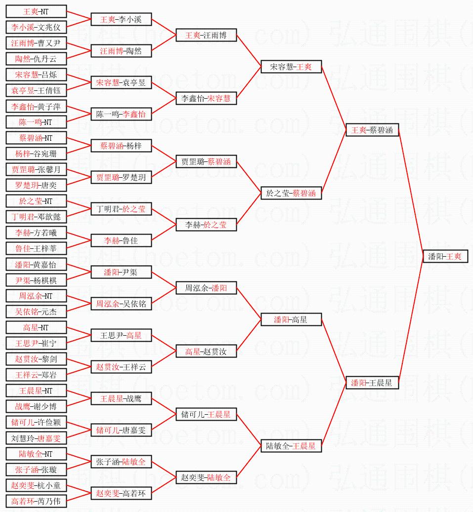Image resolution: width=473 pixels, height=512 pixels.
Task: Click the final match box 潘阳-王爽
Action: (445, 257)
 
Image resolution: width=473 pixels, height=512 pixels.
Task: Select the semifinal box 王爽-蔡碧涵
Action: (372, 130)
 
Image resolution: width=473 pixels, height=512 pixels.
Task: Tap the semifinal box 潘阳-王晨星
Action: (372, 383)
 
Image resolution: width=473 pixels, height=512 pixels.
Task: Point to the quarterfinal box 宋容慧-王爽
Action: (291, 67)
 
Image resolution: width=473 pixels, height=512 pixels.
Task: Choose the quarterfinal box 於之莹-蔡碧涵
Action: (291, 193)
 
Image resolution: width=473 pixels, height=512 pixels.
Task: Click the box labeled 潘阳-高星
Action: (291, 319)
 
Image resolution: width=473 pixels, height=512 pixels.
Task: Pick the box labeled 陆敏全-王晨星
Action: (291, 446)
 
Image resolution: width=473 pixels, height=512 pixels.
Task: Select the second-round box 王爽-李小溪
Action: (121, 19)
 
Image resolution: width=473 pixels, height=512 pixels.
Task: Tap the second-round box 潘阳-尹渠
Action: (121, 272)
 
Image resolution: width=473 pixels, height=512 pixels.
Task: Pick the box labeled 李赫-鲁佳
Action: (121, 240)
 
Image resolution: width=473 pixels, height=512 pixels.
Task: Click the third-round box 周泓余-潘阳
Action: (206, 288)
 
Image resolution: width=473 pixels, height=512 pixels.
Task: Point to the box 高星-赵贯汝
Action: (206, 351)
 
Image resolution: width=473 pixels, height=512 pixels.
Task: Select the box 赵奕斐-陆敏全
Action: (206, 477)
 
